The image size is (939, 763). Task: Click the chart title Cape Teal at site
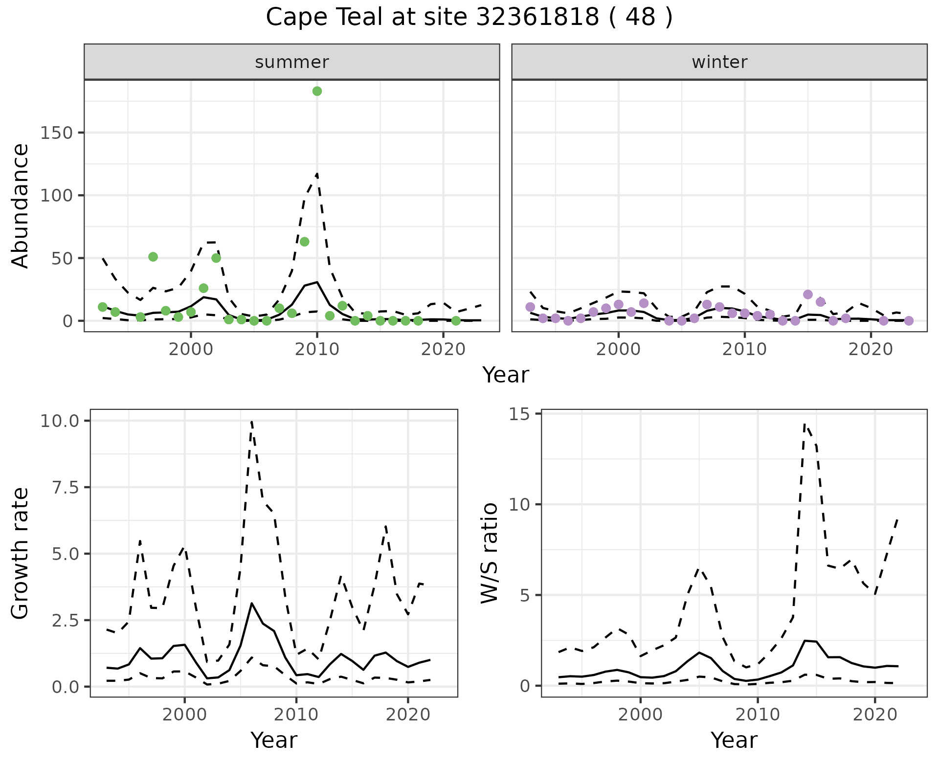pos(469,18)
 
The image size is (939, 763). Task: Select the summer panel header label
pos(291,62)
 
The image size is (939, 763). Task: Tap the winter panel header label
pos(719,62)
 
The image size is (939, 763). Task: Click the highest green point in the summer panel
pos(317,91)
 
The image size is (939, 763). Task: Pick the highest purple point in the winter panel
pos(807,294)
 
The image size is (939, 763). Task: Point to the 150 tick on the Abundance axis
pos(57,133)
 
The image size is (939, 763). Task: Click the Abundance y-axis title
pos(21,205)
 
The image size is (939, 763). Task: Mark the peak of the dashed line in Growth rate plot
pos(251,422)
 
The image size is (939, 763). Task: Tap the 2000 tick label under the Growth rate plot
pos(184,715)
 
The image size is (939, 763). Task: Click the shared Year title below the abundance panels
pos(506,375)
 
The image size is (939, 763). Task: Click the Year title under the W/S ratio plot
pos(734,741)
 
